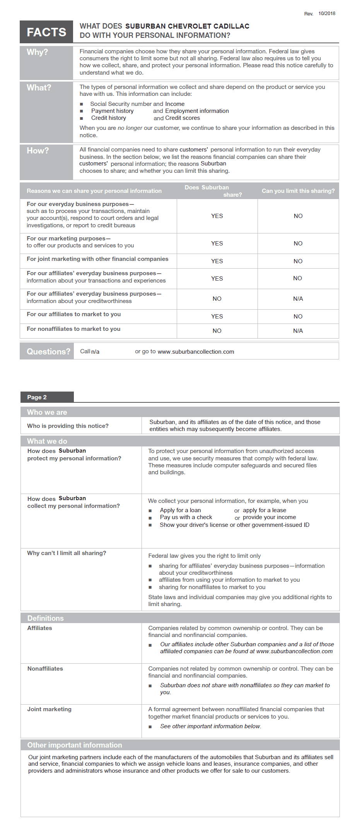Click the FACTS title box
tap(46, 32)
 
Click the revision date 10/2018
tap(327, 14)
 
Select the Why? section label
tap(38, 52)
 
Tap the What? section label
tap(39, 88)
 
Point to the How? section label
tap(38, 151)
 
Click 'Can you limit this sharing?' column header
tap(298, 191)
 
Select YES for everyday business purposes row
tap(217, 216)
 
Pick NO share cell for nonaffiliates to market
tap(217, 331)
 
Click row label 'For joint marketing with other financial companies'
tap(97, 259)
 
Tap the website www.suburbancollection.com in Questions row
tap(196, 352)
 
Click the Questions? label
tap(48, 351)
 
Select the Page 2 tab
tap(37, 397)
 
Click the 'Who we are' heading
tap(47, 412)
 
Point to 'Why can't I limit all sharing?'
tap(67, 553)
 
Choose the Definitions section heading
tap(46, 618)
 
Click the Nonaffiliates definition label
tap(45, 669)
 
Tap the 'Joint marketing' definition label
tap(49, 709)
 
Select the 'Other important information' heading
tap(75, 745)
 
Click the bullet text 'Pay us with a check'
tap(186, 517)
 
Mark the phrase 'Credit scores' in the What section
tap(183, 118)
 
